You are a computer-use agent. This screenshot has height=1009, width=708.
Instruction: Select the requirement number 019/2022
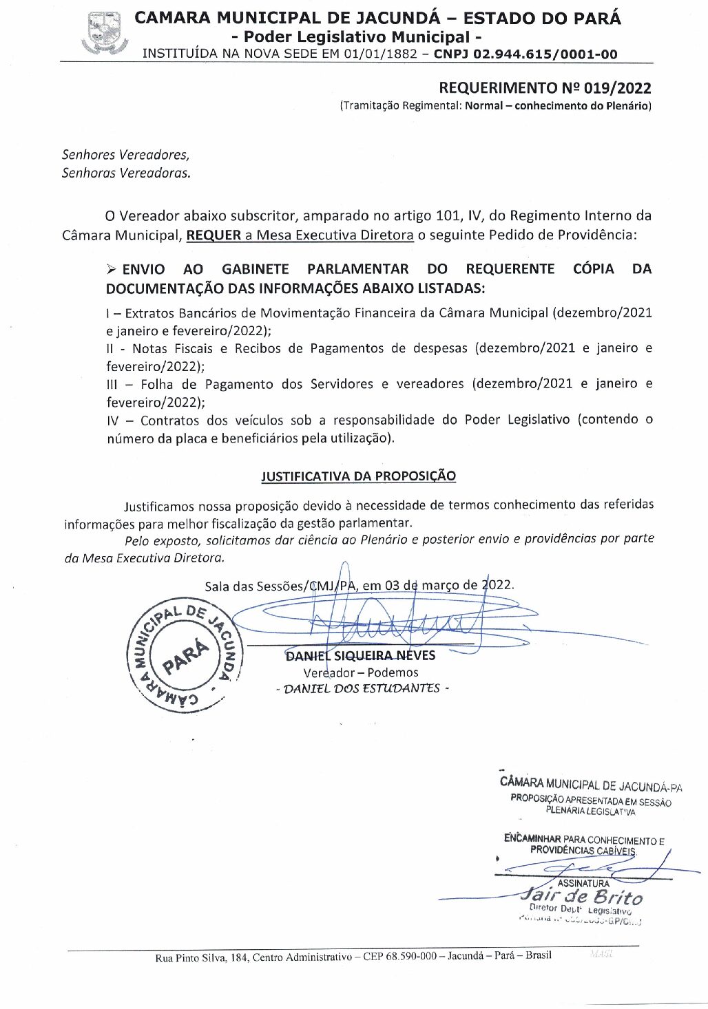(617, 87)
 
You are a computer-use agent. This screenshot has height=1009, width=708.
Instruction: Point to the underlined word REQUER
(214, 235)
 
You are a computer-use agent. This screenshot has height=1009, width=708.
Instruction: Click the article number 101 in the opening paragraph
(448, 215)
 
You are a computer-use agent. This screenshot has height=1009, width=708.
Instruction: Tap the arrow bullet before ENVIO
(112, 269)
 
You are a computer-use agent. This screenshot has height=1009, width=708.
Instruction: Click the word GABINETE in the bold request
(255, 269)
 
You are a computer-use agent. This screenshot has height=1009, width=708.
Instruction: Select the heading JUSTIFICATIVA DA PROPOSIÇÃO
(358, 476)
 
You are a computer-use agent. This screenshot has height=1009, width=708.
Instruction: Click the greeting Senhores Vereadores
(125, 155)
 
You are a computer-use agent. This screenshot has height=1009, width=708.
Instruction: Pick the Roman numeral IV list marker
(113, 420)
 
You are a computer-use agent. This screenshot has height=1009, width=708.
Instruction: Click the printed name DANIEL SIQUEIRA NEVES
(360, 656)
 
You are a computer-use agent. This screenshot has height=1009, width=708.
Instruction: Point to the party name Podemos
(393, 672)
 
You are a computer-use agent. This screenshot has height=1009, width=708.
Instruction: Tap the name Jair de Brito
(582, 897)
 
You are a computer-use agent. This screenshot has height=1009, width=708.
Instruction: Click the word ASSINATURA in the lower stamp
(583, 883)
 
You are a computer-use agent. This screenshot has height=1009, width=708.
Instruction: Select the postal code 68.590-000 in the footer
(410, 956)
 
